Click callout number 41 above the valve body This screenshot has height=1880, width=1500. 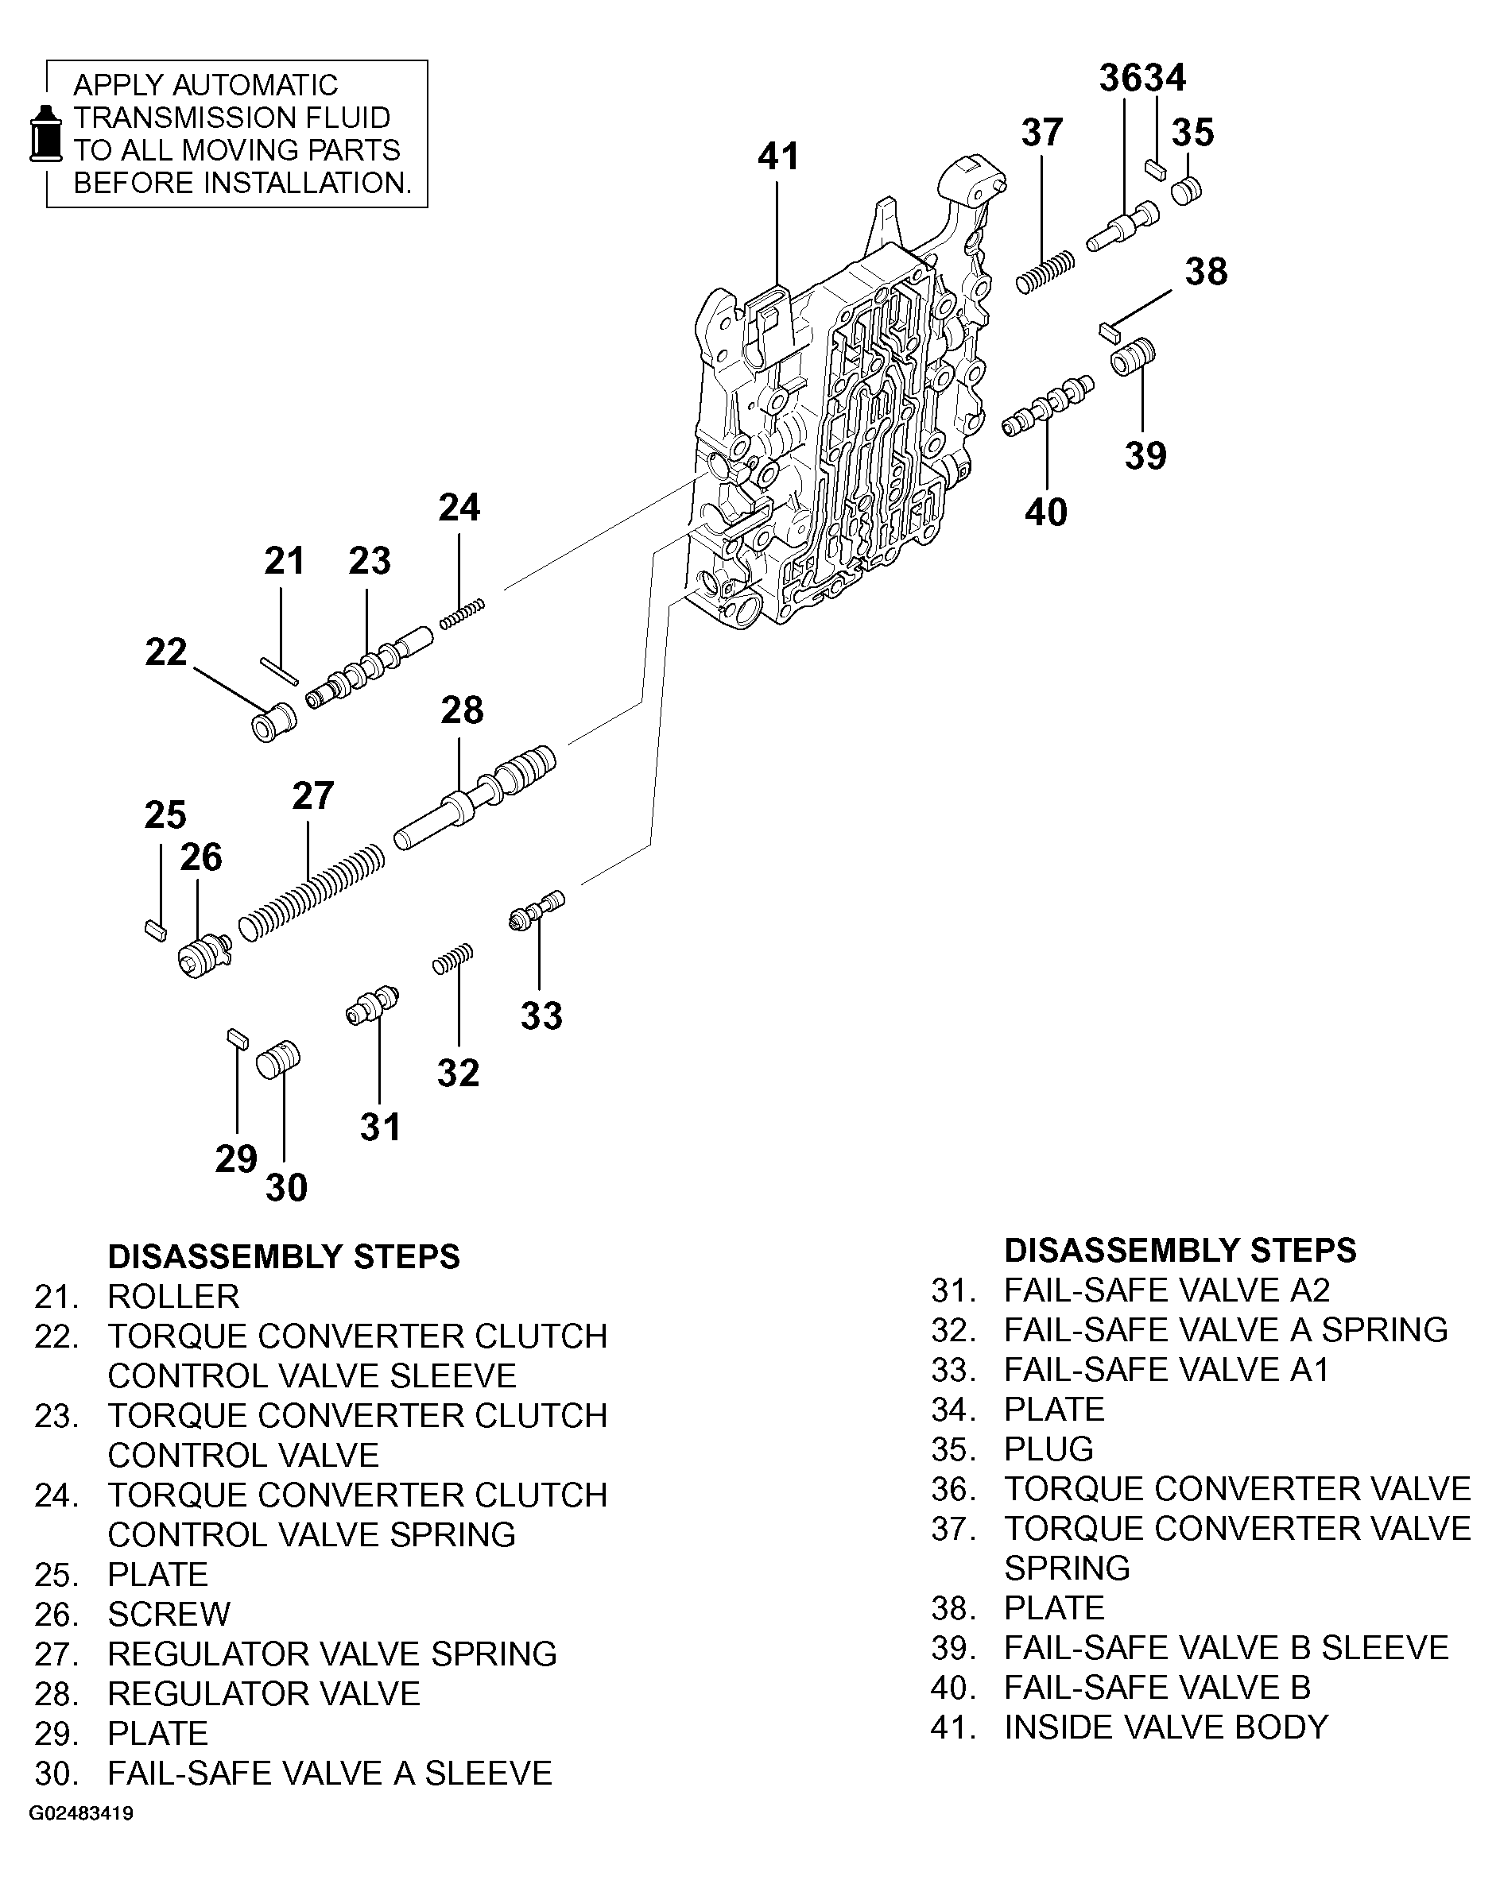tap(778, 157)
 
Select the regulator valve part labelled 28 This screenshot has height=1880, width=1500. tap(475, 798)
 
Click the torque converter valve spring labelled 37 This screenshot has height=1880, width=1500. tap(1045, 272)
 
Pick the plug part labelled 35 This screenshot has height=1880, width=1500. tap(1186, 190)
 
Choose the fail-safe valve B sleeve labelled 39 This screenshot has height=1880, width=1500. tap(1133, 356)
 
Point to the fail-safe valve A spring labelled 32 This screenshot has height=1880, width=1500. tap(452, 958)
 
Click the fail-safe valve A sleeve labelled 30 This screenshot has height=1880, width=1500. tap(278, 1059)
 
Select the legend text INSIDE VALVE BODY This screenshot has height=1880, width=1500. tap(1165, 1727)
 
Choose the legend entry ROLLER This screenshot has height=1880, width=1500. tap(172, 1297)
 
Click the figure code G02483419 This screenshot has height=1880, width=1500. tap(81, 1814)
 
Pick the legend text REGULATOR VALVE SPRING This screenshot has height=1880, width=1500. tap(331, 1654)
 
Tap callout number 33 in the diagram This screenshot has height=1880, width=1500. tap(541, 1015)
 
